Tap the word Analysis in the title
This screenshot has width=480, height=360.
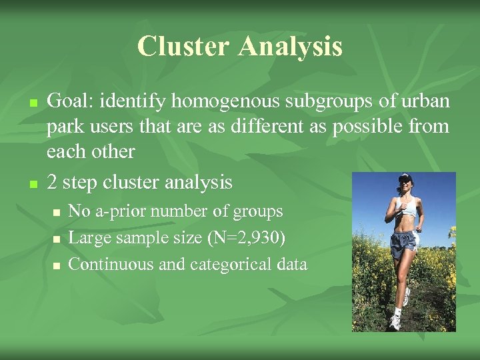click(x=290, y=47)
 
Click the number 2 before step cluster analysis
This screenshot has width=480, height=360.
click(x=53, y=181)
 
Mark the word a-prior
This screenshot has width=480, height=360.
click(x=122, y=211)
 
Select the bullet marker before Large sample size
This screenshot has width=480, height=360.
click(x=57, y=239)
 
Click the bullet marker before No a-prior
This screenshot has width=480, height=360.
click(x=57, y=212)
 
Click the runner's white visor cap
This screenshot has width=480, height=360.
click(x=404, y=178)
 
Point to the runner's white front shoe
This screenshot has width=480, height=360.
click(x=395, y=321)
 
